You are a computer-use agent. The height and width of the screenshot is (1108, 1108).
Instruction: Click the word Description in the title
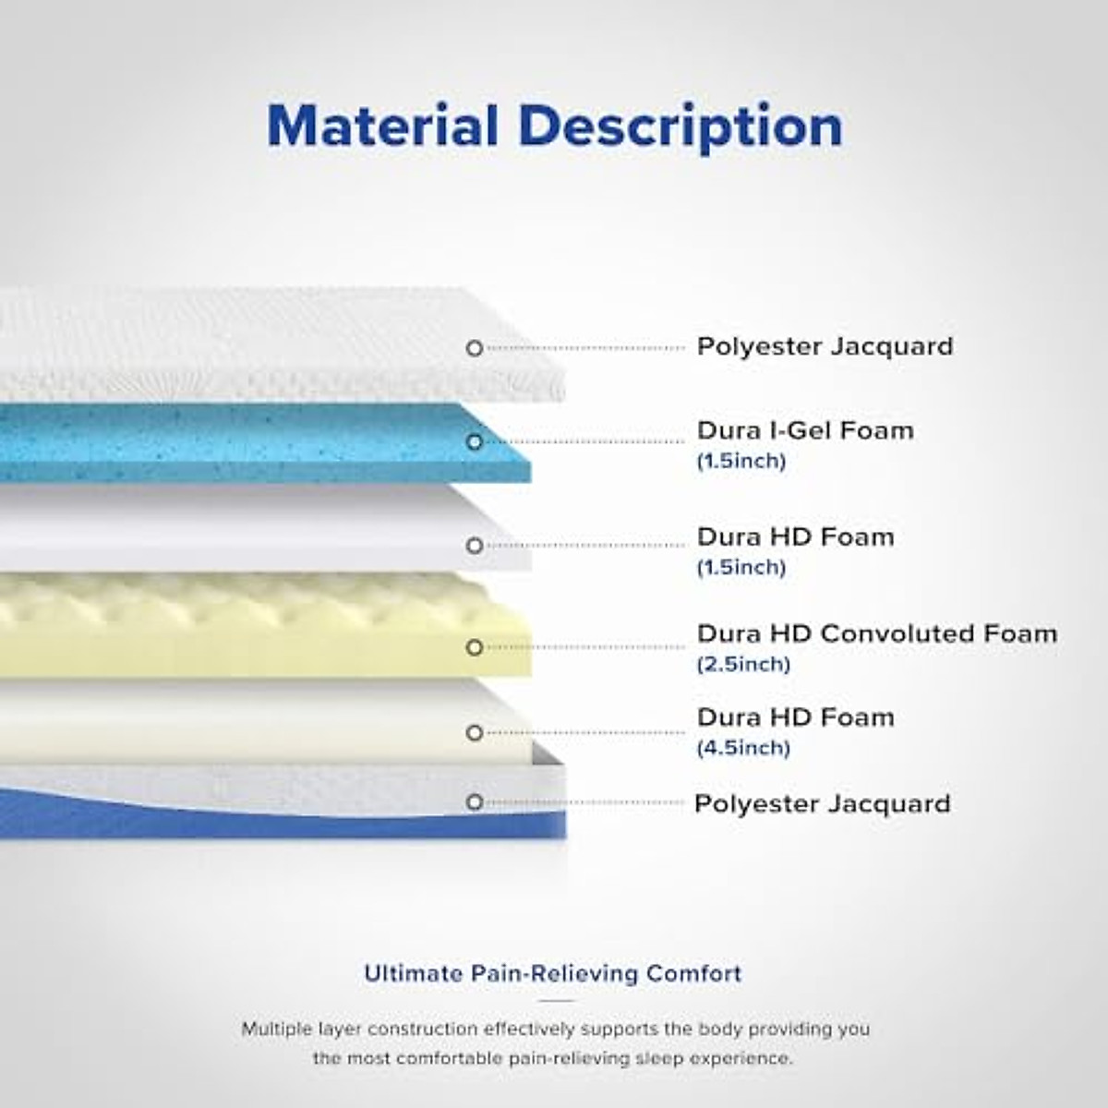681,127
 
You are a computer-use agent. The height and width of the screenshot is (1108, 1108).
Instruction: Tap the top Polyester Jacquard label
825,347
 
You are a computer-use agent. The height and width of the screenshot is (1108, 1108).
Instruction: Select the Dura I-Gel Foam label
805,430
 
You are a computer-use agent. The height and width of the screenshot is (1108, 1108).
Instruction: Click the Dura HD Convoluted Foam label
877,633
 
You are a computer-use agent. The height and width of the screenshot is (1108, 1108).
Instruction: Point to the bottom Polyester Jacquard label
823,804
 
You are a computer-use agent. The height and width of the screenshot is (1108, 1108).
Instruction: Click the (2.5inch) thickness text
744,665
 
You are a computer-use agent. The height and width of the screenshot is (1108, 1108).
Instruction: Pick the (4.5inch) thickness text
744,748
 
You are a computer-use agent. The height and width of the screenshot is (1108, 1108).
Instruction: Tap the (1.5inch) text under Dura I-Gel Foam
741,461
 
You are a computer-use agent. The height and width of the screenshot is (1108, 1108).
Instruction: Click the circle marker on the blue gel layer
475,441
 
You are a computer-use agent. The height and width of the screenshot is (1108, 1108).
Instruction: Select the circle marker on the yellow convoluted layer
475,647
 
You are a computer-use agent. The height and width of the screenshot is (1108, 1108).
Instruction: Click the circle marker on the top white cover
475,348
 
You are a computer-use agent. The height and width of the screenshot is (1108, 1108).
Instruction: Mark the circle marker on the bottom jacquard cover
475,802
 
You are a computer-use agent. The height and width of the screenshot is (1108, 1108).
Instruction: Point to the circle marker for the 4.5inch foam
475,733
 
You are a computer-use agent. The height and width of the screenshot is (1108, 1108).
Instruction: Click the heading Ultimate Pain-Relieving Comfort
553,973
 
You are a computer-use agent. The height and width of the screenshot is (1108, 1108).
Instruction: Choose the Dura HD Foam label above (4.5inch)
796,717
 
